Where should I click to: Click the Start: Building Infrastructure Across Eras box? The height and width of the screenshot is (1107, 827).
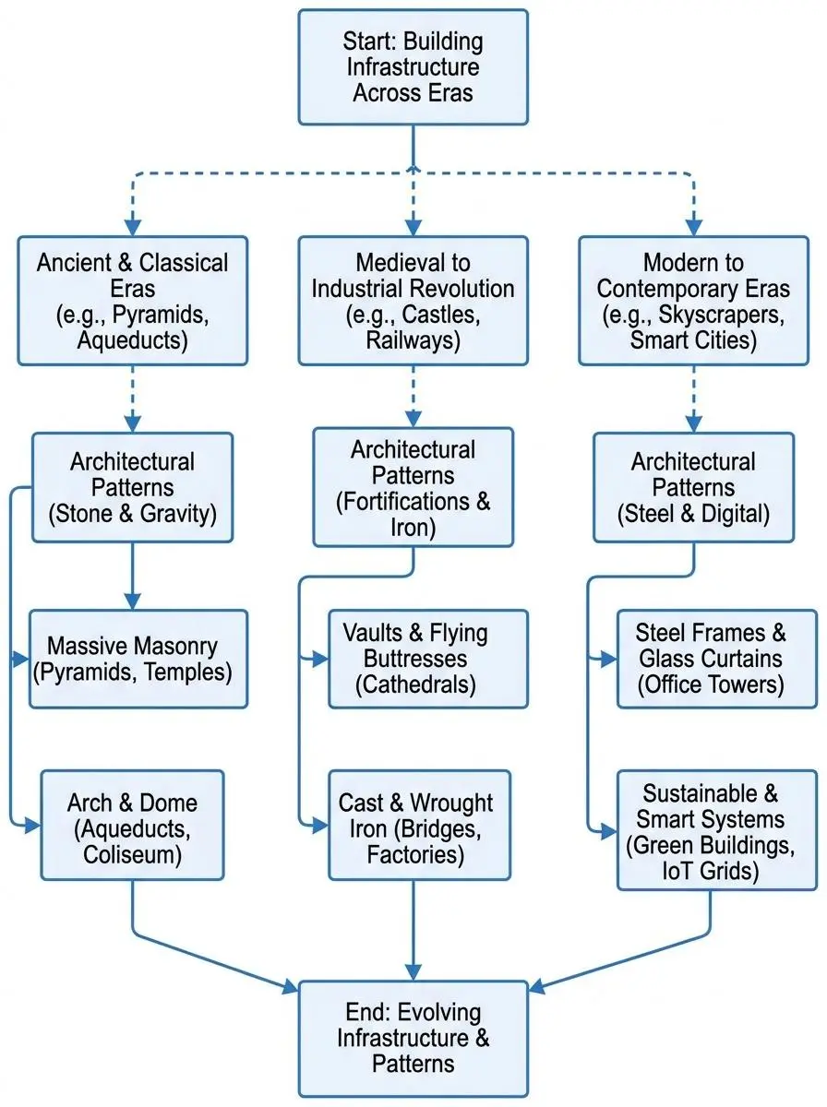413,66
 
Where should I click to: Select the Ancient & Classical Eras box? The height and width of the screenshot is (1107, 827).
132,302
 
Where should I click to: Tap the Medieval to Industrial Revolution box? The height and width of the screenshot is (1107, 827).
413,302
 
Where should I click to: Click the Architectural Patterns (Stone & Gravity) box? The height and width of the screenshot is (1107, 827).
132,487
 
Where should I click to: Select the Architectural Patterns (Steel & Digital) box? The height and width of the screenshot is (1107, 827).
692,487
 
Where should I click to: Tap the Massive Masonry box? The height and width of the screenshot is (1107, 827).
138,659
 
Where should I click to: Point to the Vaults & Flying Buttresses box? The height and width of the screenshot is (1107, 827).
428,659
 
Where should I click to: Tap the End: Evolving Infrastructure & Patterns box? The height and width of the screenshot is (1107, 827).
413,1038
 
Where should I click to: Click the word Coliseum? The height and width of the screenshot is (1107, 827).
132,855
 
